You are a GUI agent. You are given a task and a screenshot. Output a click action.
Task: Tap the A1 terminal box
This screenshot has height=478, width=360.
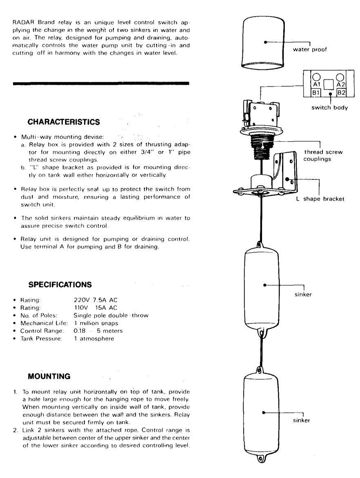pyautogui.click(x=316, y=84)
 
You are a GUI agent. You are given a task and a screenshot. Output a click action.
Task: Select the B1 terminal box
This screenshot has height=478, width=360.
pyautogui.click(x=316, y=92)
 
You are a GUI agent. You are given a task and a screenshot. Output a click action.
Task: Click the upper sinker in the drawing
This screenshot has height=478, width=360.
pyautogui.click(x=261, y=285)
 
